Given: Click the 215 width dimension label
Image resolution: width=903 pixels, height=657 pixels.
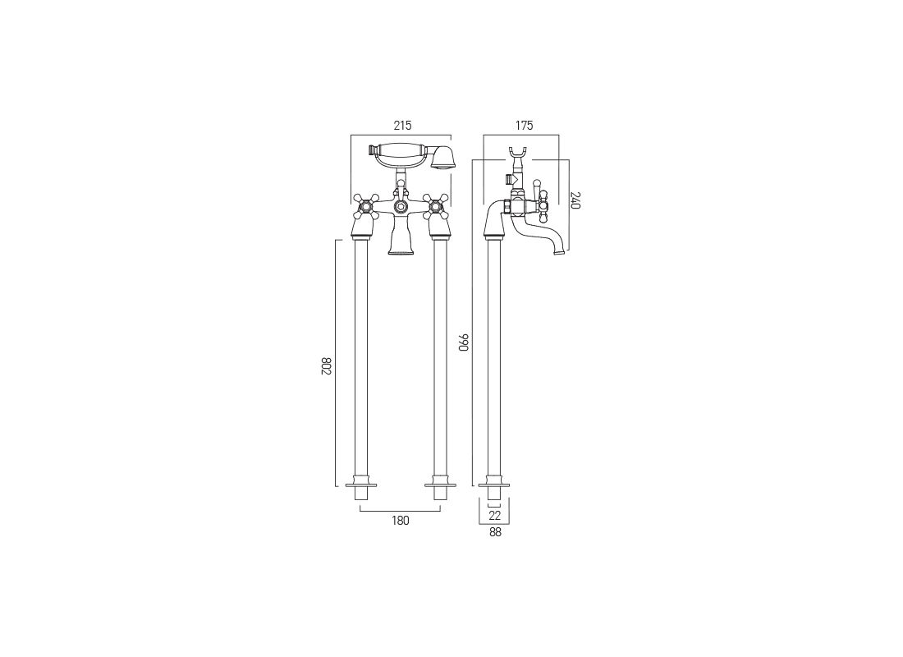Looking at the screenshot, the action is pos(402,125).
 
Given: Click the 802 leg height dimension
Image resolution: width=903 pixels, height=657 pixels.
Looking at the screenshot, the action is pos(326,366).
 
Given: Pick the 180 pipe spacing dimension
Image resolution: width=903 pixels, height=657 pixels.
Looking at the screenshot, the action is pos(401,521).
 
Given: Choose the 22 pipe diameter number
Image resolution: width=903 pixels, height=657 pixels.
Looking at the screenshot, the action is pos(494,515).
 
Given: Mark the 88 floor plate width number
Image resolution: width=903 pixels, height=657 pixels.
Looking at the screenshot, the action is pos(495,532).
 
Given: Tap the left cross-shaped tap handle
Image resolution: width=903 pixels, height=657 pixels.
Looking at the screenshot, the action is pos(364,206).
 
